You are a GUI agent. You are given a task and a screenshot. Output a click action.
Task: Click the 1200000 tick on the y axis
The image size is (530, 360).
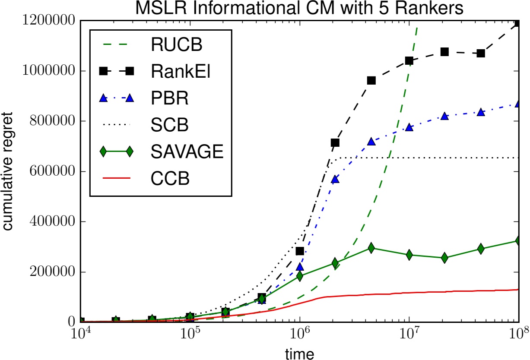[x=45, y=21]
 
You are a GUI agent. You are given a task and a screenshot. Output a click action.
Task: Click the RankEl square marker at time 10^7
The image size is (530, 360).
[x=409, y=61]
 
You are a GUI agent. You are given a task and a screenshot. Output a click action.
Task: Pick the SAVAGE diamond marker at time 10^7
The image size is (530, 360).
[x=409, y=255]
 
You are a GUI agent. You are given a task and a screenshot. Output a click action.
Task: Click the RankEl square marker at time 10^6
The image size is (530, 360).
[x=299, y=251]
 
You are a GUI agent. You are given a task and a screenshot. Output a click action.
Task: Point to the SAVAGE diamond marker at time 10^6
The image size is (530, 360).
[x=299, y=276]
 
